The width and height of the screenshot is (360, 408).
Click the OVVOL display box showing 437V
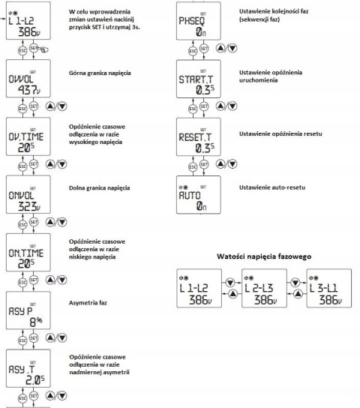28,79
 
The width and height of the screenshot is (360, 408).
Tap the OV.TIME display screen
28,136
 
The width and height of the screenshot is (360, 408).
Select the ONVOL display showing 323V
28,194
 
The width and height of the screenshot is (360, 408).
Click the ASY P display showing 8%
28,310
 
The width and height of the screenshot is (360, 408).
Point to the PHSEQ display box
199,21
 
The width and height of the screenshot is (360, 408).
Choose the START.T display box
199,79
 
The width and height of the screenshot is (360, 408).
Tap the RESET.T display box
199,136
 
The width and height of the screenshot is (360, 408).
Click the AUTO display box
199,195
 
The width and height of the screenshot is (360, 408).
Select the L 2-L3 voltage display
264,288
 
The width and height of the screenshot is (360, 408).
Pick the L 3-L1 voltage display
329,288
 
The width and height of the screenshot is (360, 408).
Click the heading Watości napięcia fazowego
264,256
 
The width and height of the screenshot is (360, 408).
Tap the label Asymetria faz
88,303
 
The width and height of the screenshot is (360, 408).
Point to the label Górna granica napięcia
100,73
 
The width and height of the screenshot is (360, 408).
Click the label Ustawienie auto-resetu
272,187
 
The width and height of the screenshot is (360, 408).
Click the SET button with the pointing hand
34,48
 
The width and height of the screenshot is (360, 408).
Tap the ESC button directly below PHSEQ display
193,51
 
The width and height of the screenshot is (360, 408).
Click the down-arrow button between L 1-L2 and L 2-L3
230,283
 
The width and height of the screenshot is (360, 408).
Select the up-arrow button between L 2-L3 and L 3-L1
298,294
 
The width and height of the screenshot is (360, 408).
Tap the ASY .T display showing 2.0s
28,368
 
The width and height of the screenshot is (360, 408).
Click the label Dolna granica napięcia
99,188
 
